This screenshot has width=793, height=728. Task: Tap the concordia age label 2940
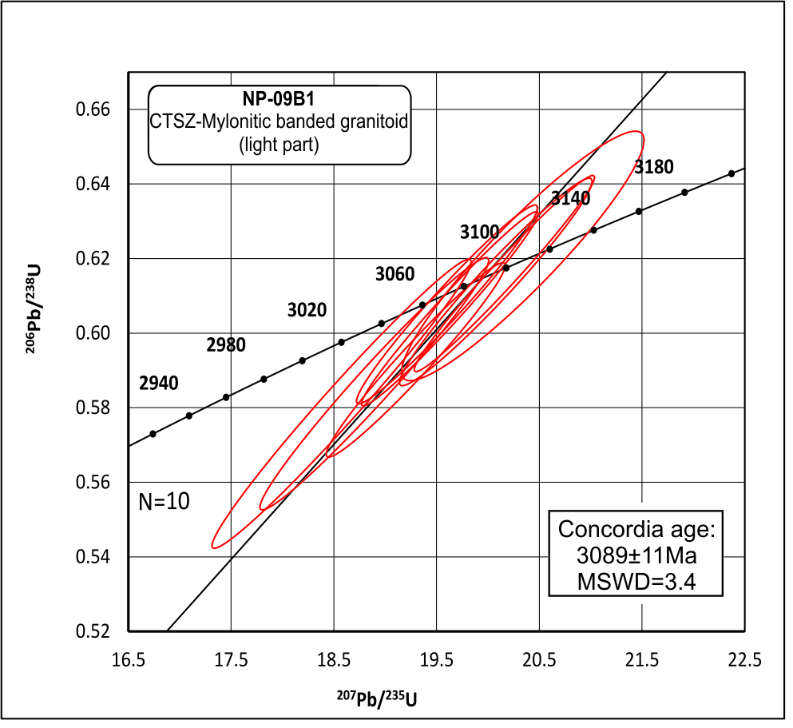[158, 383]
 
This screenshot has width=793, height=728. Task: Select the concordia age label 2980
[225, 345]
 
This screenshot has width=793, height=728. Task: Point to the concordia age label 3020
[307, 310]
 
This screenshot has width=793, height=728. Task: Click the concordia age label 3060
[395, 275]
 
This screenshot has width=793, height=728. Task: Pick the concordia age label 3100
[479, 233]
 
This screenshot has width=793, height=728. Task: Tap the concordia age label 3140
[570, 198]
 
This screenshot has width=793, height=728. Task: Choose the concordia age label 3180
[654, 167]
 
